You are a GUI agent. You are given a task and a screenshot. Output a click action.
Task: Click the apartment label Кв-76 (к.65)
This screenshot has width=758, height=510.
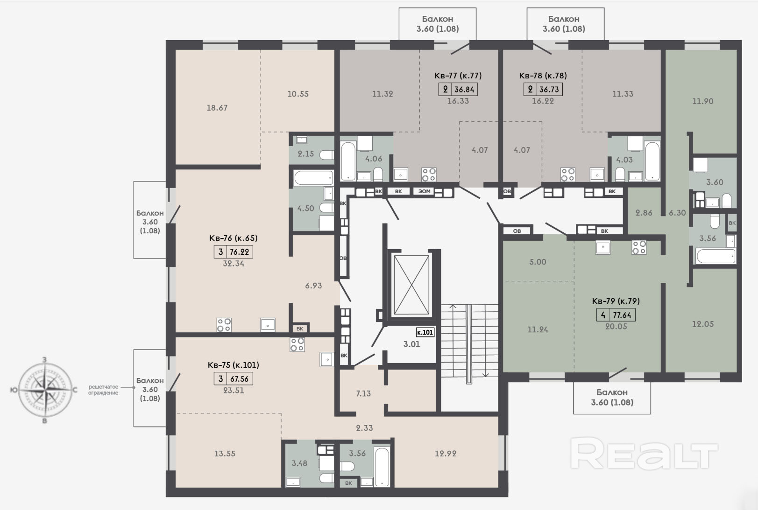coord(233,238)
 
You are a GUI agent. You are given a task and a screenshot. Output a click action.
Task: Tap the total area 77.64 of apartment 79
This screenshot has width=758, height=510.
coord(622,315)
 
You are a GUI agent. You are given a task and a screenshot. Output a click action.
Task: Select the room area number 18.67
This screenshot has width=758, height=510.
coord(217,108)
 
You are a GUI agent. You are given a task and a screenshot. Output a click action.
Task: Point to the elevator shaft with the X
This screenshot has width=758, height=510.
coord(411,285)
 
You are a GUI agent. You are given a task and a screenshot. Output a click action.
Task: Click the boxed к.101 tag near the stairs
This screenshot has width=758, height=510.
coord(425,332)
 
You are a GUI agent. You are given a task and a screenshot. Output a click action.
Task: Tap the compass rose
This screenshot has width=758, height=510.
coord(45,390)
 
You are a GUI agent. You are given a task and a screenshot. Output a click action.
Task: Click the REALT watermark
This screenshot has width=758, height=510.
coord(644,453)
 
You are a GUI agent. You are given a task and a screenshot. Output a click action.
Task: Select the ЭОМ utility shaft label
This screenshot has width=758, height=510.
coord(424,191)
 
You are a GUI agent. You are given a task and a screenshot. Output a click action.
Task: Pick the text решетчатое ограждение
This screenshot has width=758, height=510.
coord(103,390)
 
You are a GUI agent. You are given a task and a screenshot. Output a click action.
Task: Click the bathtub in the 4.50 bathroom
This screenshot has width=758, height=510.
coord(313,178)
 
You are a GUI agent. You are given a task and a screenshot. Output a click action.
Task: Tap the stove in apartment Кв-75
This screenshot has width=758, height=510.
coord(297,345)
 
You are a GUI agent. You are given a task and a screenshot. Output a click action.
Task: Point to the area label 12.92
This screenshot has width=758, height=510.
coord(446,454)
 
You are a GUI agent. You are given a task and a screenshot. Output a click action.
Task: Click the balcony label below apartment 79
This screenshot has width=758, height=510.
coord(612,397)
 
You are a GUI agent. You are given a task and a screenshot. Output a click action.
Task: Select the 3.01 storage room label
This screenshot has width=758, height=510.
coord(411,344)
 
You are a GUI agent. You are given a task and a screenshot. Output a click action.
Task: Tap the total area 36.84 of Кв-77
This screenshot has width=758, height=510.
coord(464,90)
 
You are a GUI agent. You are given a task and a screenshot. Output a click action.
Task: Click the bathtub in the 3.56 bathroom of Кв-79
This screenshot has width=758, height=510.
coord(715,256)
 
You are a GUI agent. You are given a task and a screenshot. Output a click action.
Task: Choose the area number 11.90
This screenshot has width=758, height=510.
coord(703,101)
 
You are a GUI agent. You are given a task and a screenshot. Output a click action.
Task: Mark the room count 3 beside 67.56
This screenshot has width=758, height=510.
coord(220,379)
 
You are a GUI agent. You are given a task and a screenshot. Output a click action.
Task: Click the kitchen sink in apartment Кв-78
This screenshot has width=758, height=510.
coord(597,175)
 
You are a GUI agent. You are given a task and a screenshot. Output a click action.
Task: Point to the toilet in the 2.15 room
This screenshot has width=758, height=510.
coord(326,155)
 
